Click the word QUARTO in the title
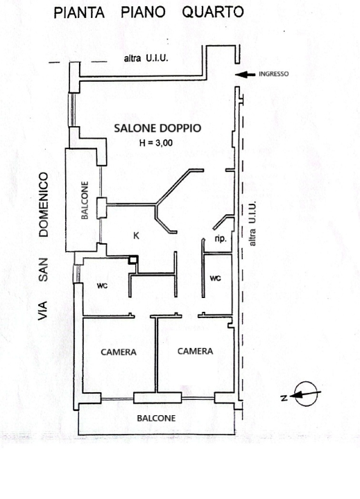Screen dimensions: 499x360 [212, 12]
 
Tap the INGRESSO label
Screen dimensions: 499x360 [273, 74]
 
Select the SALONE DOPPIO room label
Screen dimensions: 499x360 [157, 128]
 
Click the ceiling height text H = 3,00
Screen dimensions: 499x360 [156, 143]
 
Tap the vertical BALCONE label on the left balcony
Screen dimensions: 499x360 [84, 201]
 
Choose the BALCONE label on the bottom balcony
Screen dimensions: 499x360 [155, 419]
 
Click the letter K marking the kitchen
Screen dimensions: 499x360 [136, 236]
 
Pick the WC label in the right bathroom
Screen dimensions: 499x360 [215, 278]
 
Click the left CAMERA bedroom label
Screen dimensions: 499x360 [119, 352]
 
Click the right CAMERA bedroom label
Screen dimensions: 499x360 [195, 351]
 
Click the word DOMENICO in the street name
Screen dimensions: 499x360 [44, 205]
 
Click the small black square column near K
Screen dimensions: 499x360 [134, 260]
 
